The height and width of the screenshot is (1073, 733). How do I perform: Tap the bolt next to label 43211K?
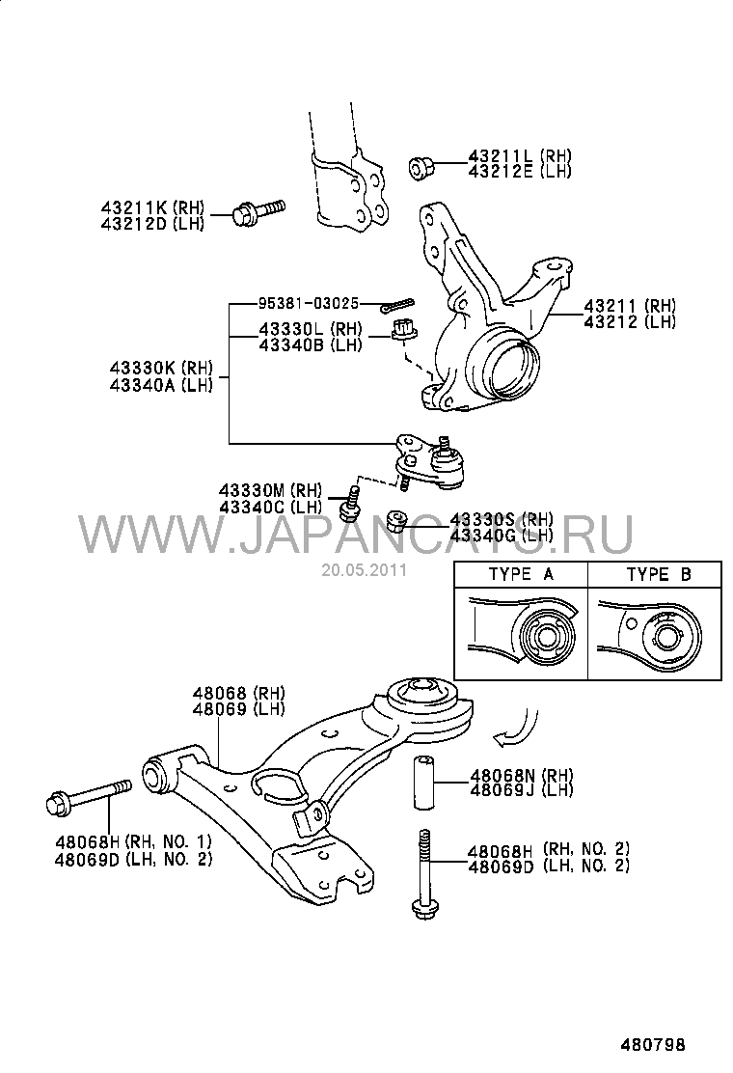258,210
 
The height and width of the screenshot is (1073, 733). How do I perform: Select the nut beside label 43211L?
421,168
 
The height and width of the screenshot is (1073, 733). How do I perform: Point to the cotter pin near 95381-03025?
395,307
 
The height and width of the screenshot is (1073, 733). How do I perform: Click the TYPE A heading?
521,574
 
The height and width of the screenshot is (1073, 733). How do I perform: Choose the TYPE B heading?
659,574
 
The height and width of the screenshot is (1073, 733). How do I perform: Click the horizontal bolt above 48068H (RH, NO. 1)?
88,797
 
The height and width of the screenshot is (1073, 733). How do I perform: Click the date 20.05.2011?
366,569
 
